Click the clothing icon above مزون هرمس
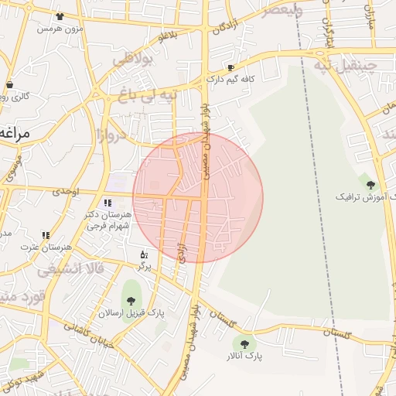(60, 16)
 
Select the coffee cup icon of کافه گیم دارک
(230, 67)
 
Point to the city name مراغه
(14, 133)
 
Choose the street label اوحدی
(66, 191)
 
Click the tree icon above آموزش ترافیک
(370, 184)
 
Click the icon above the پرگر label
(143, 254)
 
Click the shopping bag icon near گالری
(10, 85)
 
